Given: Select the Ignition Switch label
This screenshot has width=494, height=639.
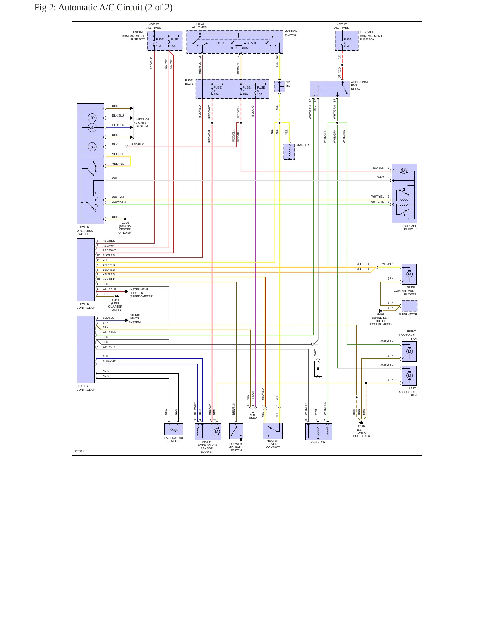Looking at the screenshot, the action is point(291,33).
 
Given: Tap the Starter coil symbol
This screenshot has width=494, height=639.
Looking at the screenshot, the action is point(289,151).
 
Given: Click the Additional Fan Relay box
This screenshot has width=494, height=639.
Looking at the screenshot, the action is point(330,89).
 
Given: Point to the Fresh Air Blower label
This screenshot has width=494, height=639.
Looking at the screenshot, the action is point(409,227).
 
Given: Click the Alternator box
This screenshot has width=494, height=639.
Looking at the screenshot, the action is point(409,306).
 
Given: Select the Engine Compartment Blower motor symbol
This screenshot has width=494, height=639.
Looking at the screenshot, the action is point(410,274).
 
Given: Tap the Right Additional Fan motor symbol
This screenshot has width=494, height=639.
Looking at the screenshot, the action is point(410,351).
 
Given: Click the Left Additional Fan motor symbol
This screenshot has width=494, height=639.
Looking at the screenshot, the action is point(410,376).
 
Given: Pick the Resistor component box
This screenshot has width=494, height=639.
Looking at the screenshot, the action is point(319,432).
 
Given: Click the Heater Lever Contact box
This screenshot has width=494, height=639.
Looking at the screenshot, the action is point(272,431).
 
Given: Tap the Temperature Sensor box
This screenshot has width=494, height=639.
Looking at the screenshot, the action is point(173,429).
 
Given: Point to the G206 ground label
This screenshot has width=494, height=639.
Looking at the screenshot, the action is point(125,228).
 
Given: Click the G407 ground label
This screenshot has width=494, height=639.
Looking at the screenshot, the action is point(380,319).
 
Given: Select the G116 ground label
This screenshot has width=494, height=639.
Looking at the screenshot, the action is point(361,431).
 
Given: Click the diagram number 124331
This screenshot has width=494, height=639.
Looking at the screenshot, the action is point(79,451).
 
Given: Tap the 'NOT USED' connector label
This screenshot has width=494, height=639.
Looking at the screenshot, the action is point(253,416).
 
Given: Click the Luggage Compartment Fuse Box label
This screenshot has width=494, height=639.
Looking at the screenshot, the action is point(371,36).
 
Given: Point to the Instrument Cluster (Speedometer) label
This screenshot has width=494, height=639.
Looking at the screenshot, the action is point(142,293).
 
